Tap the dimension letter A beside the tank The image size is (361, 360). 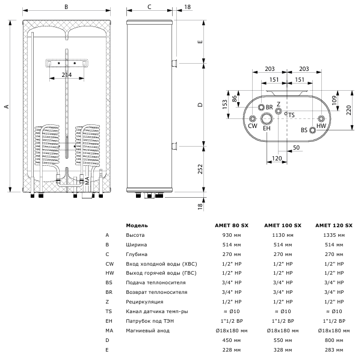coord(6,106)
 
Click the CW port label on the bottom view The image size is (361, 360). coord(252,126)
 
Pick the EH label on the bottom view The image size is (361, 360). coord(267,128)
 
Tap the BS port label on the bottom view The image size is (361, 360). coord(304,130)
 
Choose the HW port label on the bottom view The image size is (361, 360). coord(321,126)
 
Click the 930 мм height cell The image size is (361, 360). coord(232,236)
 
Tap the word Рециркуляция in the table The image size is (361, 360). coord(144,301)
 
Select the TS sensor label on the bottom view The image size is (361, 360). coord(291,114)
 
